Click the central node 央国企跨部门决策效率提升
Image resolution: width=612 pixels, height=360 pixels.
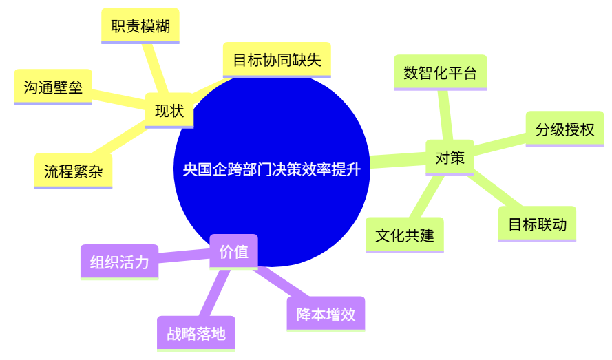tap(272, 169)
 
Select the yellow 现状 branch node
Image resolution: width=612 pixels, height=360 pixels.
tap(169, 111)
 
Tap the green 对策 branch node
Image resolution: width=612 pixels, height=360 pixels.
tap(450, 158)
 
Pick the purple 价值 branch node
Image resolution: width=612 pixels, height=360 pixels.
tap(234, 252)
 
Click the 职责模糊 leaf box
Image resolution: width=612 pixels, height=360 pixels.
tap(140, 26)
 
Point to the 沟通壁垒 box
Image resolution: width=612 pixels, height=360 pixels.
tap(53, 87)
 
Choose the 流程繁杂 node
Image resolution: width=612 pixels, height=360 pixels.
tap(74, 171)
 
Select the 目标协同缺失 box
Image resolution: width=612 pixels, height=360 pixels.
tap(277, 60)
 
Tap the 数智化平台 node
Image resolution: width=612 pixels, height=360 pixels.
tap(441, 73)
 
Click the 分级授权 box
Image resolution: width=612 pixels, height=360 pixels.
tap(564, 129)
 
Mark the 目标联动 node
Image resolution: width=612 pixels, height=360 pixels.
tap(538, 224)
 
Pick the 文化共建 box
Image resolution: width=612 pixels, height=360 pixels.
tap(405, 235)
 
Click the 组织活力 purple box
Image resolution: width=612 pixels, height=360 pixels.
tap(119, 262)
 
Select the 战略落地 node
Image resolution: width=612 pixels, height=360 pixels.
tap(196, 334)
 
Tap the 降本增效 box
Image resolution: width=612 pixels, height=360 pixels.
tap(326, 315)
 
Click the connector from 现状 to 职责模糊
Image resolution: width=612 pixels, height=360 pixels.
tap(156, 68)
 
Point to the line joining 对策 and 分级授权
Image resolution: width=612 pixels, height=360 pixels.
tap(500, 144)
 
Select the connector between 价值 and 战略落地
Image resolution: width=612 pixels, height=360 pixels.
tap(214, 293)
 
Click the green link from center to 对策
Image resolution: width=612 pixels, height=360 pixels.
tap(398, 160)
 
